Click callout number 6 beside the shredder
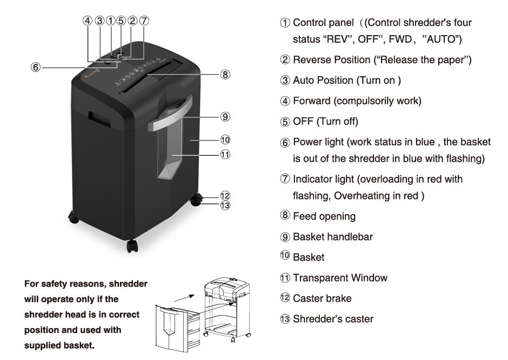pyautogui.click(x=36, y=68)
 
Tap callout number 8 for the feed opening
pyautogui.click(x=225, y=75)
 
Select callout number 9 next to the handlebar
pyautogui.click(x=225, y=116)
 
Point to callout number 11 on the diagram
pyautogui.click(x=225, y=155)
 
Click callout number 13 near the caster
pyautogui.click(x=225, y=204)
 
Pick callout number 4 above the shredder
pyautogui.click(x=88, y=21)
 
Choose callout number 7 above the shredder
pyautogui.click(x=144, y=21)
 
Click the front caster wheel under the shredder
pyautogui.click(x=132, y=245)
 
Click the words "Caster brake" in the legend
pyautogui.click(x=322, y=298)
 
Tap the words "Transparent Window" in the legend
pyautogui.click(x=340, y=278)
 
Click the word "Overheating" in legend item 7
pyautogui.click(x=359, y=196)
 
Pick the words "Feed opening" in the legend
pyautogui.click(x=324, y=216)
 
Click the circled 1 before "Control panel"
pyautogui.click(x=285, y=23)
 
